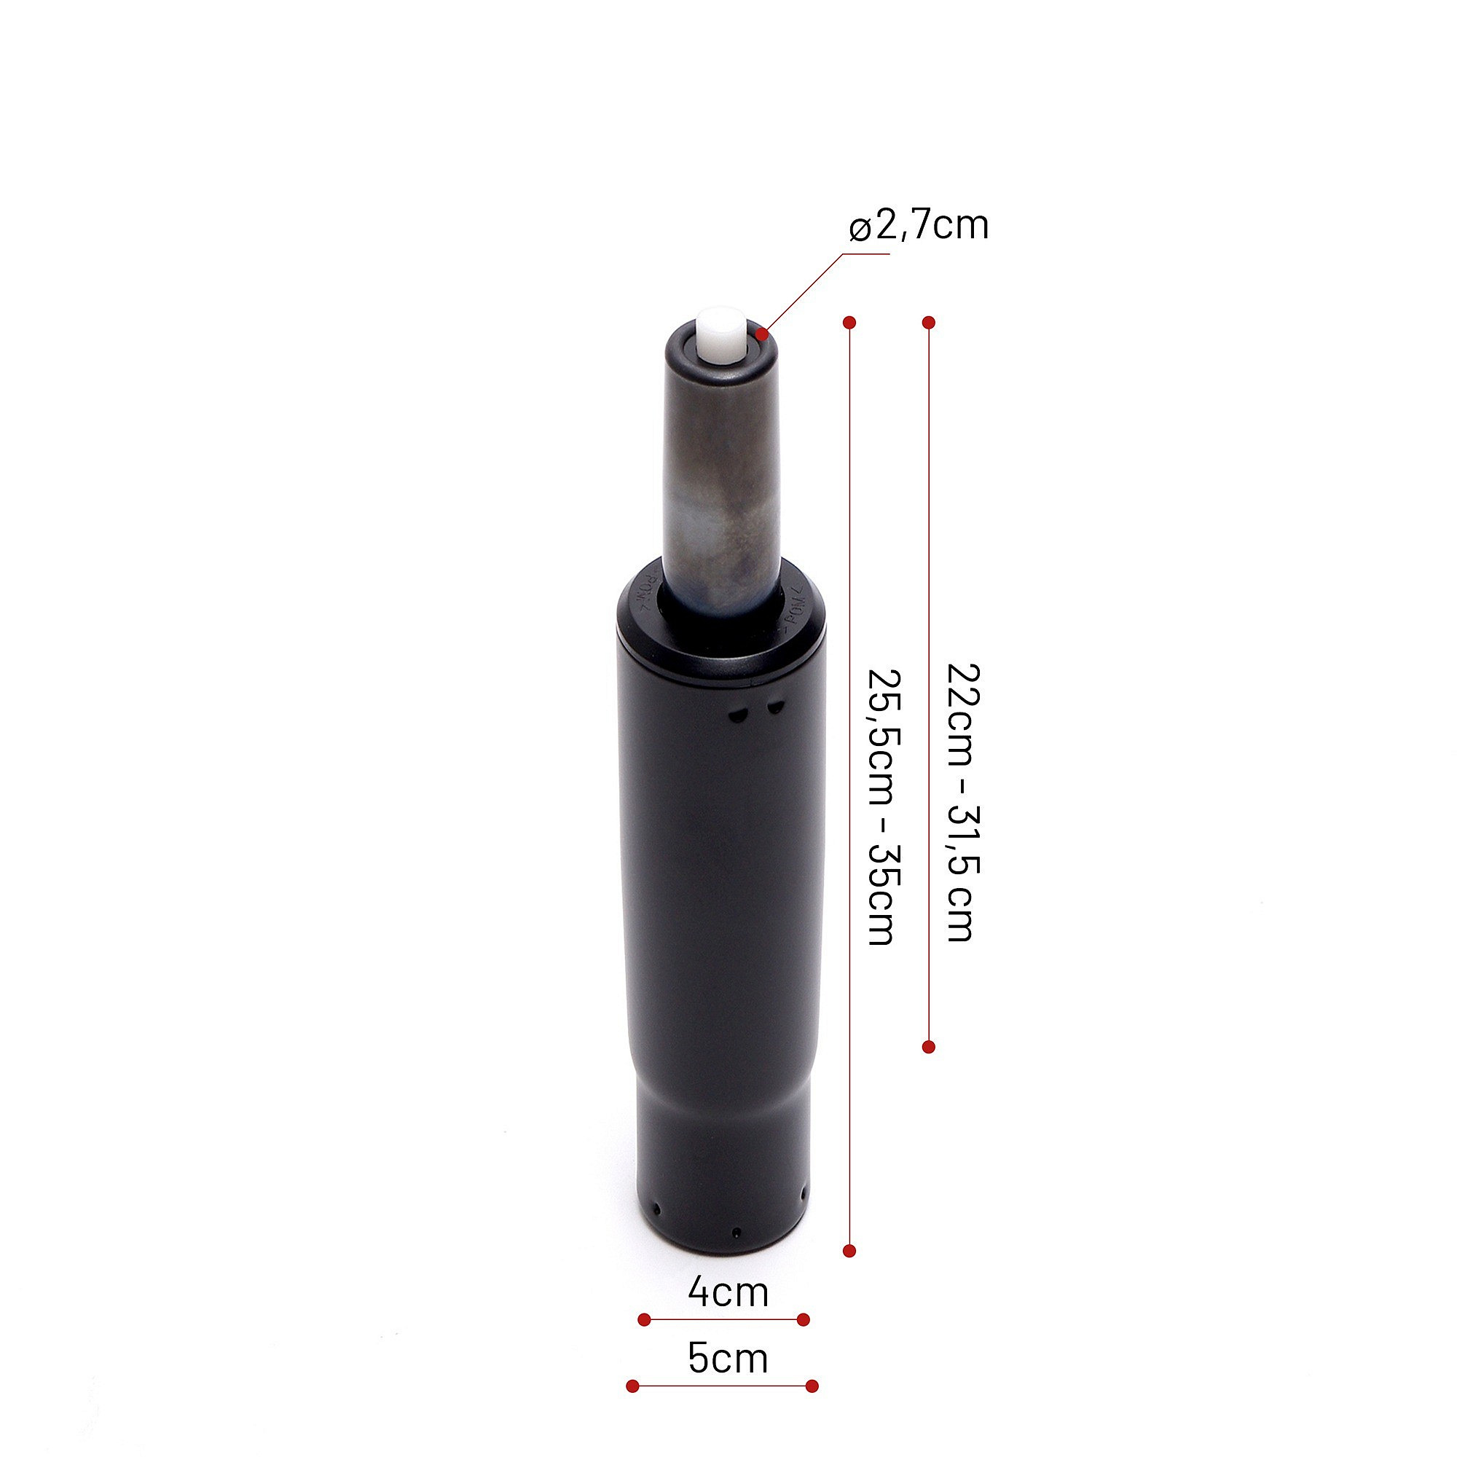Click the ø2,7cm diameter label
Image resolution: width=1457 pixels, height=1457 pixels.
(919, 224)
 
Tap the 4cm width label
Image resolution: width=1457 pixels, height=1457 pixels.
(728, 1292)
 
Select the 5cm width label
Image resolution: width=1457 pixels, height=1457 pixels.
(728, 1358)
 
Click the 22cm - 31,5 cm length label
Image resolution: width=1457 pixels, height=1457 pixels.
(963, 802)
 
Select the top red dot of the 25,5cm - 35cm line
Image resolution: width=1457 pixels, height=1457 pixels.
(850, 323)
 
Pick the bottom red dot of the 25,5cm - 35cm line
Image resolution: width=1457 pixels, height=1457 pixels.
(850, 1251)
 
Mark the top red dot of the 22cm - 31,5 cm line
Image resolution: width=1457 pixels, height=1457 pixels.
(929, 323)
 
